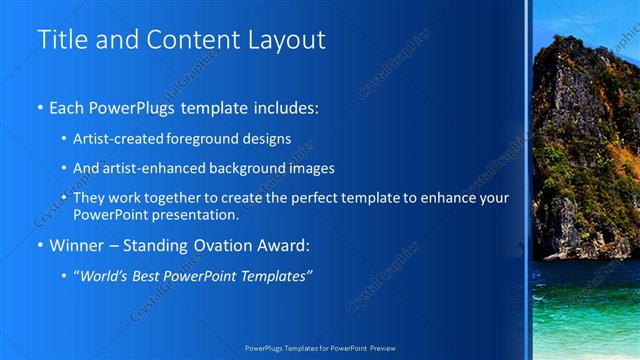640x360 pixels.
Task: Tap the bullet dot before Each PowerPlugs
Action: pyautogui.click(x=39, y=107)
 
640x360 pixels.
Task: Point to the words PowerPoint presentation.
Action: pyautogui.click(x=157, y=215)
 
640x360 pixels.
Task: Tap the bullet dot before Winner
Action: pyautogui.click(x=39, y=245)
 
